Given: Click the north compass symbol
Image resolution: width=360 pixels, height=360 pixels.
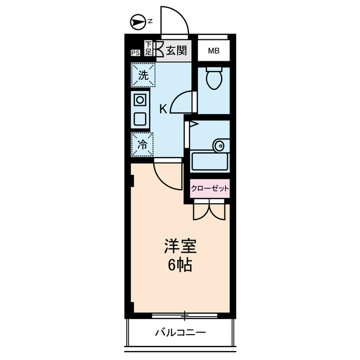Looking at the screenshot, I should coord(137,22).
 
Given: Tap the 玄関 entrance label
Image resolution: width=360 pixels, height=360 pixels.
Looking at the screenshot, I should coord(176,51).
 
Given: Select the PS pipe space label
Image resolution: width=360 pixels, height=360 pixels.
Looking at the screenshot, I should coord(135,53).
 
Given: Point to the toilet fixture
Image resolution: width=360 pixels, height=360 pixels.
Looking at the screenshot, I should coord(214,79).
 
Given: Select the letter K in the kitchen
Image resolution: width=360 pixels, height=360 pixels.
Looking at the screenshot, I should coord(162,109).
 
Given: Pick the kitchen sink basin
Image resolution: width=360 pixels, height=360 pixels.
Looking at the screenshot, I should coord(140,119).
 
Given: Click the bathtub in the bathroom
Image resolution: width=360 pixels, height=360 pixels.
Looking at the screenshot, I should coord(210,161).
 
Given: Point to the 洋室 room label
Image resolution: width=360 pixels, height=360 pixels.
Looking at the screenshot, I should coord(180,246).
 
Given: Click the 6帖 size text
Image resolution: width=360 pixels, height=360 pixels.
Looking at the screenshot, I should coord(180,265).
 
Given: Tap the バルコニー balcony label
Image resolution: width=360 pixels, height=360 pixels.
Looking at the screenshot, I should coord(180,332).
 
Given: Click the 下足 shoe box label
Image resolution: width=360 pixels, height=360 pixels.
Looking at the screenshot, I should coord(148,48).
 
